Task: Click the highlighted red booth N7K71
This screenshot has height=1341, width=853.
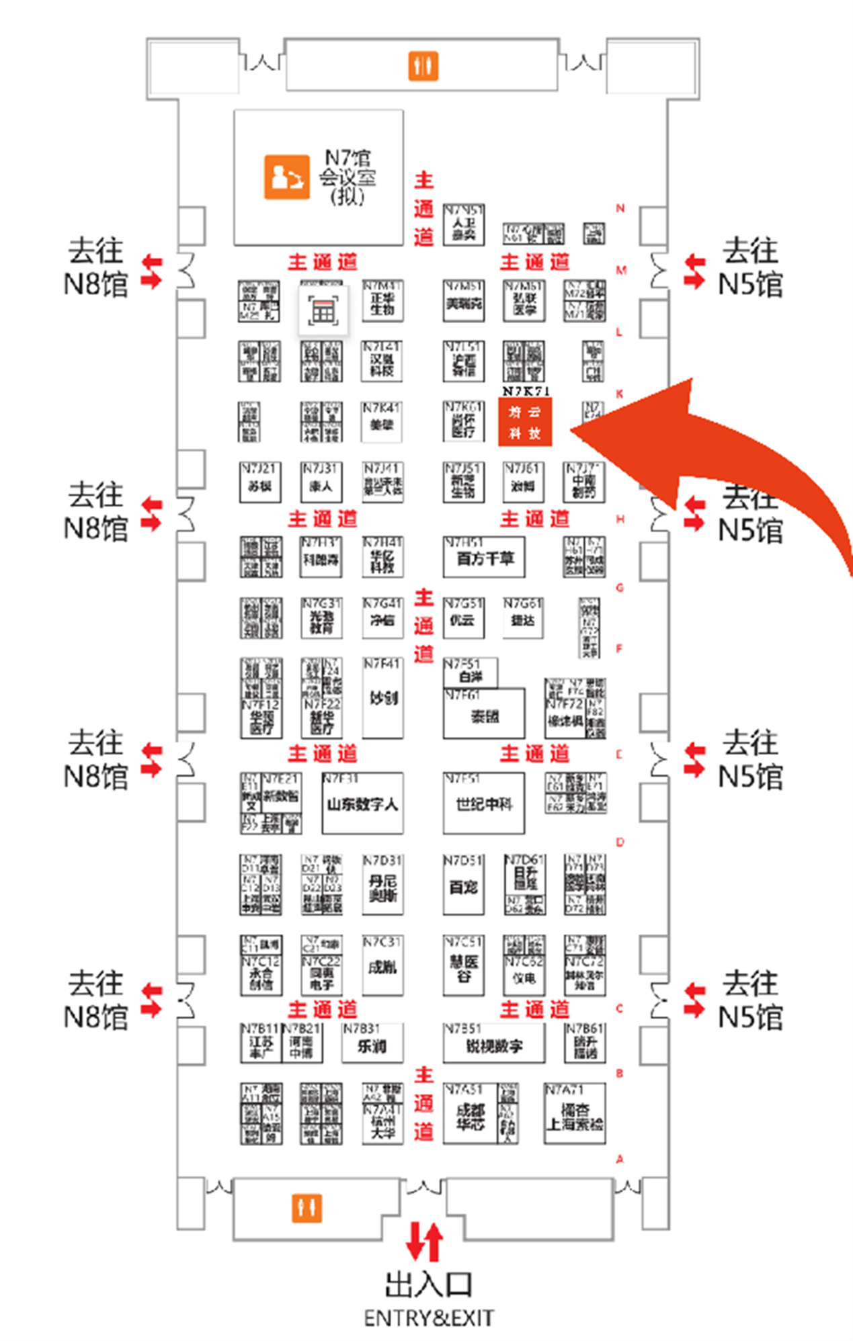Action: click(524, 422)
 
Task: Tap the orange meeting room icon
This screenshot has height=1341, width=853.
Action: click(286, 177)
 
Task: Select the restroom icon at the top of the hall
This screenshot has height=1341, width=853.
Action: click(423, 66)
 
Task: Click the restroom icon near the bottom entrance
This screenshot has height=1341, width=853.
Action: click(307, 1207)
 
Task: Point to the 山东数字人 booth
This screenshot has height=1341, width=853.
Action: click(362, 804)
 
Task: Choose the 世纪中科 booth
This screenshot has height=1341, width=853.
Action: click(483, 804)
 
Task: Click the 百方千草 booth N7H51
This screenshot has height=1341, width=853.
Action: click(484, 558)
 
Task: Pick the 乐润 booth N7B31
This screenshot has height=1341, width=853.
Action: click(372, 1044)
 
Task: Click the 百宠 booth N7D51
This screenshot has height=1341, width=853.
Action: click(463, 885)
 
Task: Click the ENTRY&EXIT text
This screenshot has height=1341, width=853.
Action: click(429, 1318)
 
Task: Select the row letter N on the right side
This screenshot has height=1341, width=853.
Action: click(620, 208)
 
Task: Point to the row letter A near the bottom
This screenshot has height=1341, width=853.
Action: click(620, 1159)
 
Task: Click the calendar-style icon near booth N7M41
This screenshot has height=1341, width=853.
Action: click(323, 311)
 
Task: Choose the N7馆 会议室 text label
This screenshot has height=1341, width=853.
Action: click(348, 177)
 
